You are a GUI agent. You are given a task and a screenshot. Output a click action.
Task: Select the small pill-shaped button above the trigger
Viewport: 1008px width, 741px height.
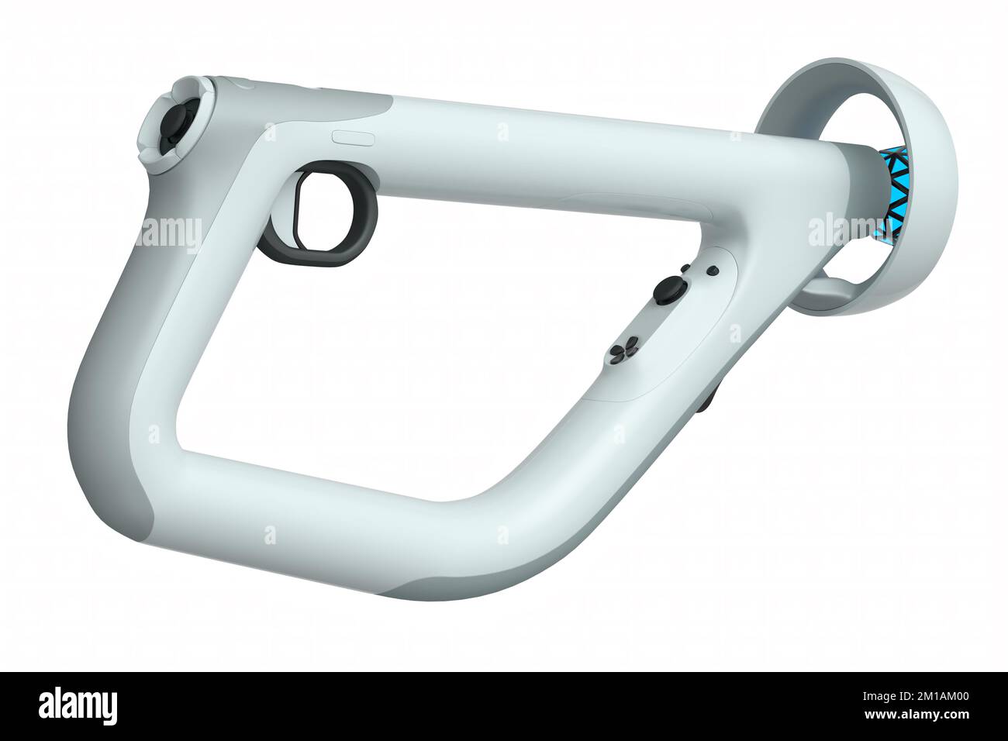pos(354,137)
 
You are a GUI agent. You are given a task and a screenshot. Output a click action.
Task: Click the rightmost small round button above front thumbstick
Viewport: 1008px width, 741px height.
pos(713,271)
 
